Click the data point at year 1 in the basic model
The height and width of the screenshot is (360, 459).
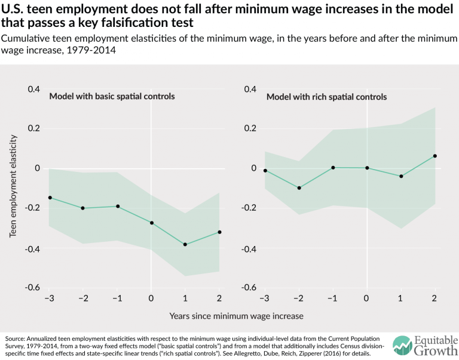click(x=185, y=245)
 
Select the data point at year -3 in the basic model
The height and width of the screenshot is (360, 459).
click(x=50, y=198)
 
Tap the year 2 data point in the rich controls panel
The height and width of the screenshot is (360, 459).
click(x=435, y=156)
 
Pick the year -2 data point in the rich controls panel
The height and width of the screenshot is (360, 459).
click(x=299, y=188)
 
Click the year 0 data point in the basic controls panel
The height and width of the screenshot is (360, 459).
click(x=151, y=223)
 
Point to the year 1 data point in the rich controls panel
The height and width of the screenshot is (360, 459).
click(x=401, y=176)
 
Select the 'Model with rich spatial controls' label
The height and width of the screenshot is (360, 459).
click(x=326, y=97)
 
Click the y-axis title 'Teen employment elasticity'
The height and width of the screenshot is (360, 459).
click(x=13, y=186)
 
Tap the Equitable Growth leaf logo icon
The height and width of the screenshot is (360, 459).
click(x=402, y=346)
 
